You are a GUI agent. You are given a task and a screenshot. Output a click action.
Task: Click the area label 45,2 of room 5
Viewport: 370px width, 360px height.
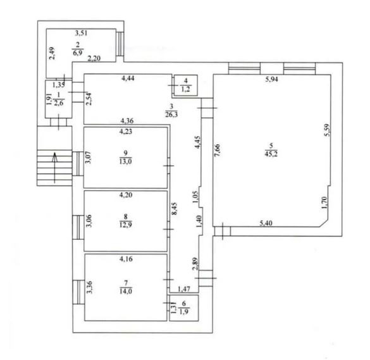[271, 154]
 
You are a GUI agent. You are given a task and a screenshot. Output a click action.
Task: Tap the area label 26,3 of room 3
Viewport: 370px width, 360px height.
[171, 115]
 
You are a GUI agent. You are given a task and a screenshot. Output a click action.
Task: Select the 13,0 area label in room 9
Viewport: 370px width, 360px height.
[125, 161]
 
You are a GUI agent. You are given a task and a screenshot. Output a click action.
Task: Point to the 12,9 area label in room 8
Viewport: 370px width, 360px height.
[125, 225]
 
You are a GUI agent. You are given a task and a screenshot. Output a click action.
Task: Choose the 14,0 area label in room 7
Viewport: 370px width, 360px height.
[126, 291]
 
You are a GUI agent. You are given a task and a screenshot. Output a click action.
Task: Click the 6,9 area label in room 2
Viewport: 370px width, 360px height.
[78, 53]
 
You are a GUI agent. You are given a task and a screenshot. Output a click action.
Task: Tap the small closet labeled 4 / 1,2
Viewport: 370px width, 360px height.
[185, 85]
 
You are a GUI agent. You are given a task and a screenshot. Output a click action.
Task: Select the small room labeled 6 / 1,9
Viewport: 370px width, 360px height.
[184, 308]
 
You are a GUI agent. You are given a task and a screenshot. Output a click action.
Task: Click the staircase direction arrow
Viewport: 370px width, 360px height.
[55, 168]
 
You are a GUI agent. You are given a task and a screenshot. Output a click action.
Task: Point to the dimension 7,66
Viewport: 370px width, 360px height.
[218, 150]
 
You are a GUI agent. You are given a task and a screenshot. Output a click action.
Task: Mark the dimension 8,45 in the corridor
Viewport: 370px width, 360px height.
[175, 208]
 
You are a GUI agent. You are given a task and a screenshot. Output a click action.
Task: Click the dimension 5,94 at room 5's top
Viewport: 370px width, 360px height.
[271, 79]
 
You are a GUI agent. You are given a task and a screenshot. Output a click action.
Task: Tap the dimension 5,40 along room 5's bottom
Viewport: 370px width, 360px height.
[266, 223]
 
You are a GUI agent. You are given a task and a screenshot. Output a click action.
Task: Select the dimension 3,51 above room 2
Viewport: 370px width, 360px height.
[81, 33]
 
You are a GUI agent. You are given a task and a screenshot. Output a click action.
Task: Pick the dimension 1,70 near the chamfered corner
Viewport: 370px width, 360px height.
[324, 202]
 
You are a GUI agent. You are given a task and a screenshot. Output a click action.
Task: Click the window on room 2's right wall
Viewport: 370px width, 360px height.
[120, 44]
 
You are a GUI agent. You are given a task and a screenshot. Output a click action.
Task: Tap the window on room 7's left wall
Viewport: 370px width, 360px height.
[78, 292]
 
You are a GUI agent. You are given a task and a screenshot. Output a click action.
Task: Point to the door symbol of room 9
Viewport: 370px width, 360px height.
[168, 166]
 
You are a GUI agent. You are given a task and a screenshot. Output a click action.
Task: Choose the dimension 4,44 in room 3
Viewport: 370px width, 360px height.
[128, 78]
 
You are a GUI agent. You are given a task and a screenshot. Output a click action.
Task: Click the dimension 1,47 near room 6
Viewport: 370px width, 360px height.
[184, 289]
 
